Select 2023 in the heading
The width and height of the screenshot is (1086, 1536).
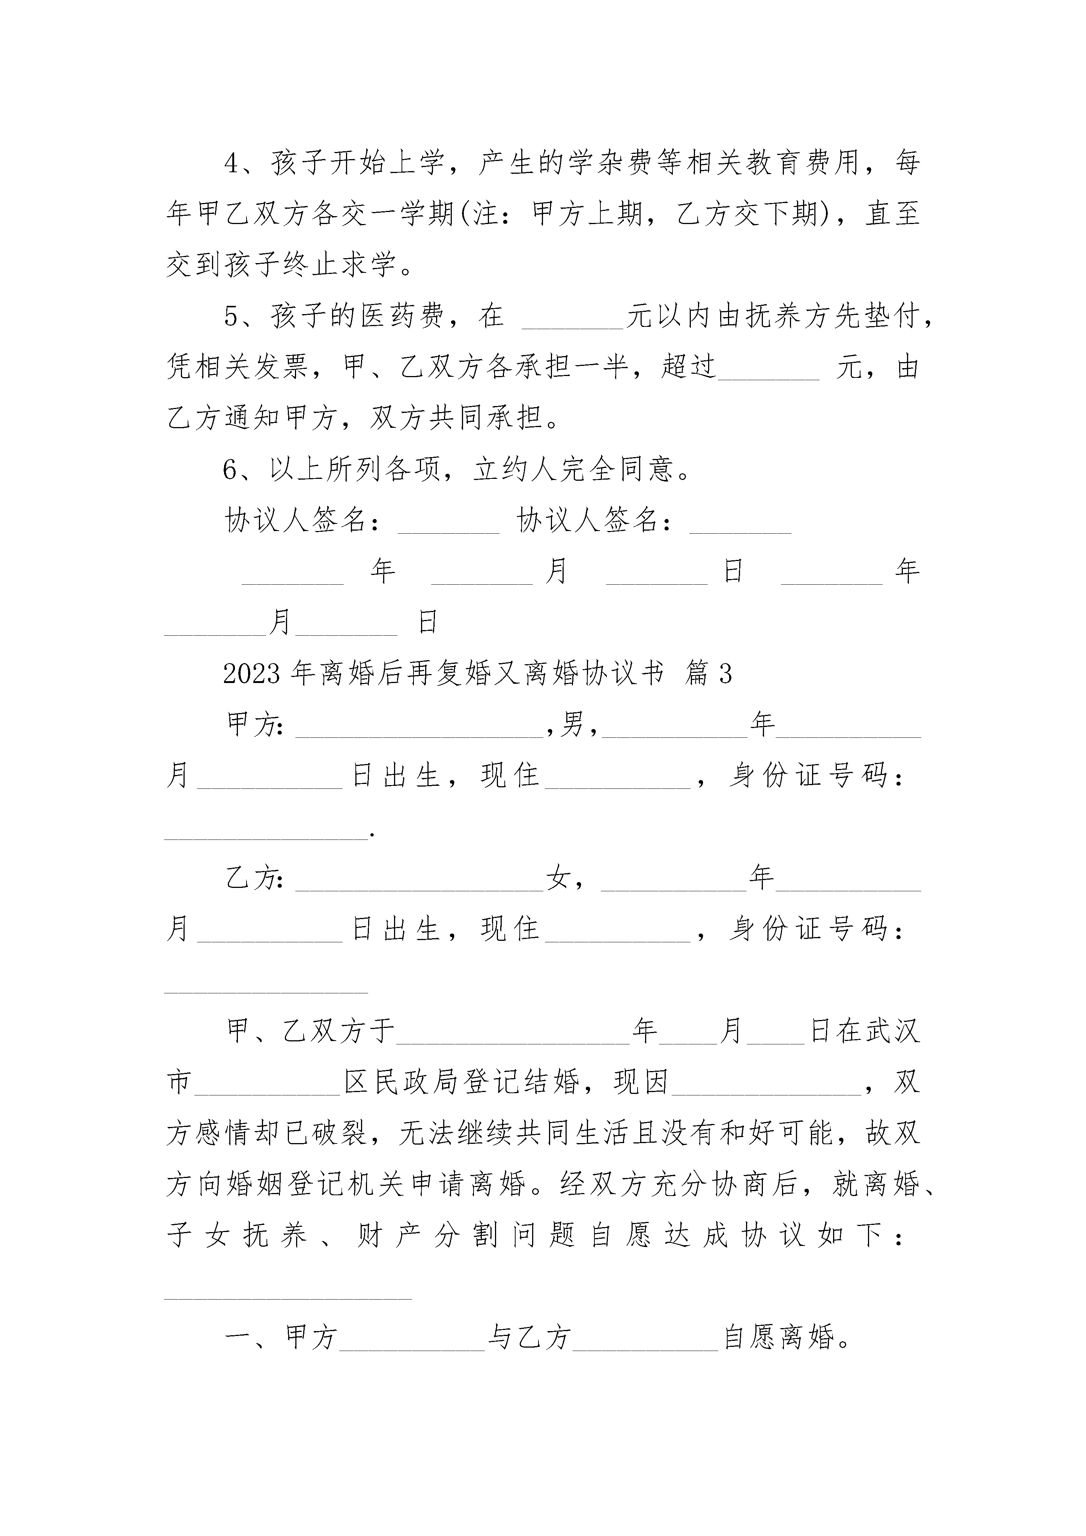click(251, 674)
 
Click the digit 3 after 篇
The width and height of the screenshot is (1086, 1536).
click(725, 674)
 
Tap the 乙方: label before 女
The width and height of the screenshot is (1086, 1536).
click(255, 877)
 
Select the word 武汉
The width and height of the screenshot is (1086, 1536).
click(893, 1030)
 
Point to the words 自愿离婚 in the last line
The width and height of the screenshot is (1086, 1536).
click(779, 1337)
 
